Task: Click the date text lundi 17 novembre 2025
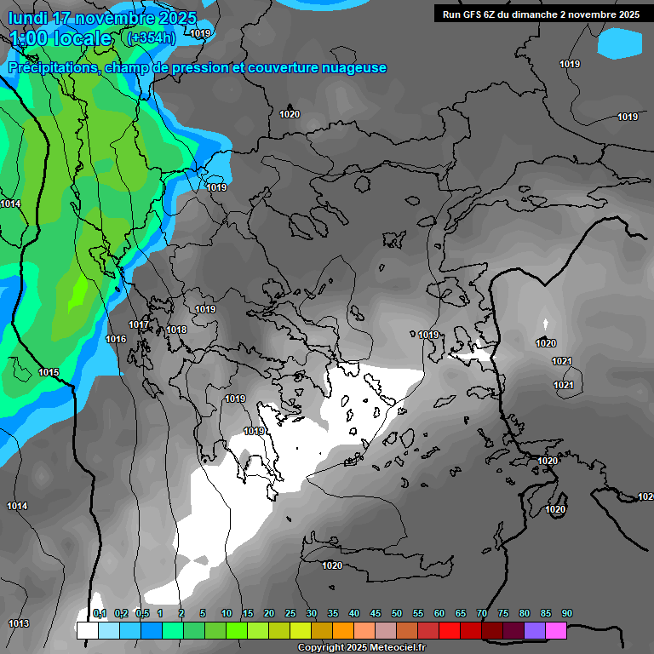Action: [x=102, y=18]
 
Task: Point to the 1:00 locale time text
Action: [x=60, y=38]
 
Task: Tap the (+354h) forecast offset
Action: [x=151, y=38]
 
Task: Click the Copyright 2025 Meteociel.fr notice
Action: [x=361, y=647]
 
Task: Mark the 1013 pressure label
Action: [x=19, y=623]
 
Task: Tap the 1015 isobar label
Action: [x=49, y=373]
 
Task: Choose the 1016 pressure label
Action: [x=116, y=340]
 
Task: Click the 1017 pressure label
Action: [x=139, y=324]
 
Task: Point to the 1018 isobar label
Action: [x=176, y=330]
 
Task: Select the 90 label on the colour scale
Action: [x=566, y=614]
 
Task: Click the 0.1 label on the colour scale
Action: [x=99, y=614]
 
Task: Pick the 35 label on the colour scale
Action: [x=333, y=614]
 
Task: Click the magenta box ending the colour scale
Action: [x=555, y=630]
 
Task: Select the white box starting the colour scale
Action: [x=87, y=630]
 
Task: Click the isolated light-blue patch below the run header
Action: [x=624, y=43]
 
